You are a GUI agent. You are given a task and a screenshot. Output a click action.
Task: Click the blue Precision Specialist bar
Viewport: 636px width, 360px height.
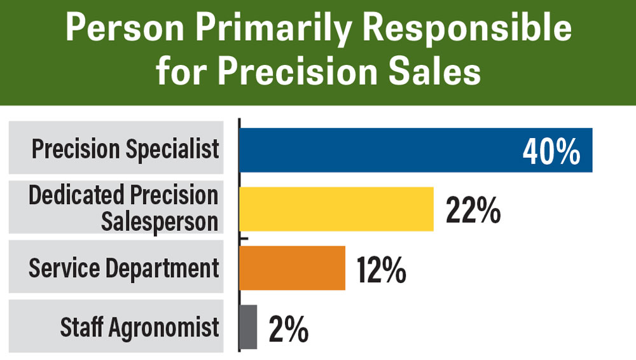382,150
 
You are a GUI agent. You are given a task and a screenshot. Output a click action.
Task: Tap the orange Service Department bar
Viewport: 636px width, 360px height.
292,268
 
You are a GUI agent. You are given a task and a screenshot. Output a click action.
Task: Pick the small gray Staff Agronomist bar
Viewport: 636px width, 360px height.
249,327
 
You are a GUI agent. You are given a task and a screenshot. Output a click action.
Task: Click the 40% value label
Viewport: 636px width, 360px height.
551,151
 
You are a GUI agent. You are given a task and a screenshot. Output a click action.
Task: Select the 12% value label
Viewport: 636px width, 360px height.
381,269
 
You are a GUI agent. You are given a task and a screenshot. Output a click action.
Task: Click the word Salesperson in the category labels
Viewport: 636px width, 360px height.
158,221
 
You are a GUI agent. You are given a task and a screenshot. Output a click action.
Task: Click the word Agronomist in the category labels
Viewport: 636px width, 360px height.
165,328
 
